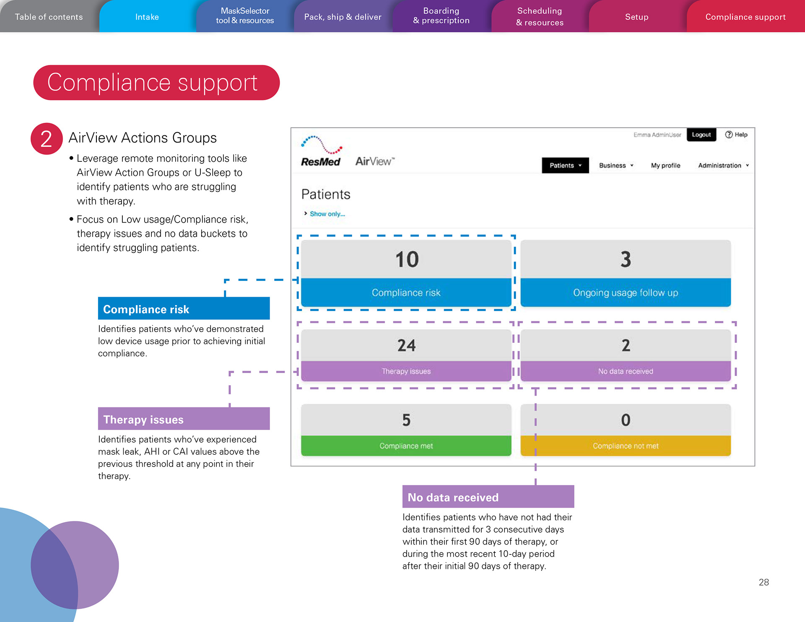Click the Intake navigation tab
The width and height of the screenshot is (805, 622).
[x=147, y=17]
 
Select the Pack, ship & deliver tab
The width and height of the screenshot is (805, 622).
[x=343, y=17]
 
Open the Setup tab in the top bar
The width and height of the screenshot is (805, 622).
[x=636, y=17]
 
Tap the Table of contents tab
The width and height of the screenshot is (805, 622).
[x=49, y=17]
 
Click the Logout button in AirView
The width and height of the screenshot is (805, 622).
[x=701, y=135]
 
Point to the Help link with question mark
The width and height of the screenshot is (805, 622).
[x=737, y=135]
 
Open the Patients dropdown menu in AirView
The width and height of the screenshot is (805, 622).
[x=565, y=166]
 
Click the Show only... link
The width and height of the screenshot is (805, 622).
[x=327, y=214]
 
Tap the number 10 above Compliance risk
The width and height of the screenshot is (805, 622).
[x=406, y=259]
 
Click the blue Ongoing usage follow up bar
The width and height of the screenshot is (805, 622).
[x=625, y=293]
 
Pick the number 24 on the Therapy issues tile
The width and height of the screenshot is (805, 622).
[x=406, y=345]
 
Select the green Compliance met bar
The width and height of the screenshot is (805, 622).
[x=406, y=446]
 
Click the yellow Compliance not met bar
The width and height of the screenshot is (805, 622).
[x=625, y=446]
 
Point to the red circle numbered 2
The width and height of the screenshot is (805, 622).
[x=47, y=139]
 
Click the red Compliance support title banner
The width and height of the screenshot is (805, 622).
[x=156, y=83]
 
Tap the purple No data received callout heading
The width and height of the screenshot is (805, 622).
[x=488, y=497]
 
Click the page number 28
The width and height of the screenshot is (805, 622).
[x=763, y=582]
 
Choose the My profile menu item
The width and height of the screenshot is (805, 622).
[x=665, y=166]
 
